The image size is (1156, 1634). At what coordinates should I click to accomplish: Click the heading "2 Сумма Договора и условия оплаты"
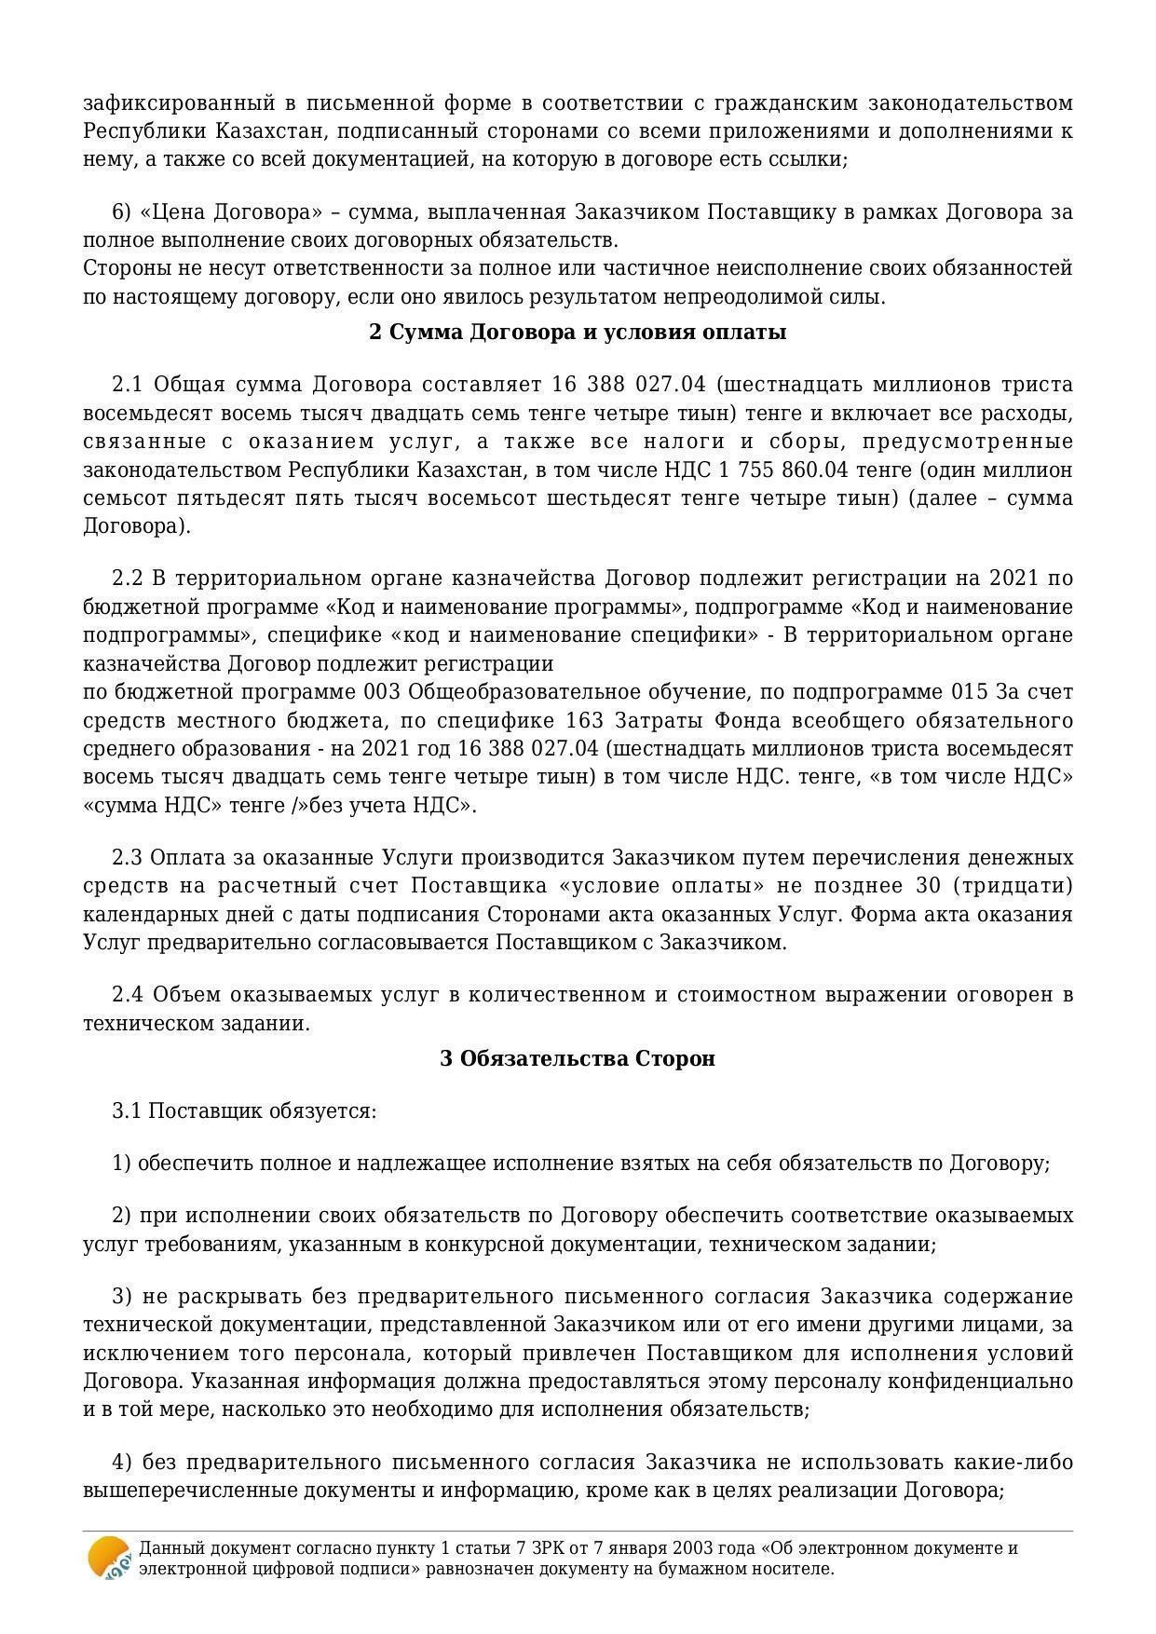pos(578,333)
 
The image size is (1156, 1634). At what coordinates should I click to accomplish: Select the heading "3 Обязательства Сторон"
pos(578,1059)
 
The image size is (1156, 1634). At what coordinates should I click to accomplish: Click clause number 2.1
pos(128,385)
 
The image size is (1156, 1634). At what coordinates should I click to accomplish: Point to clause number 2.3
pos(128,857)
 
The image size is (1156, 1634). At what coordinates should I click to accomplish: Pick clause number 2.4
pos(128,995)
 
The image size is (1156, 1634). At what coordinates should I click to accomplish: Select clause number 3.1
pos(128,1111)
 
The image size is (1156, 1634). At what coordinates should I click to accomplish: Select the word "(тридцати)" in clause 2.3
pos(1025,885)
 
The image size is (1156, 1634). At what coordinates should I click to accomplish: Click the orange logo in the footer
pos(109,1557)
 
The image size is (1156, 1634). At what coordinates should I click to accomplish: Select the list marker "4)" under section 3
pos(123,1463)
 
